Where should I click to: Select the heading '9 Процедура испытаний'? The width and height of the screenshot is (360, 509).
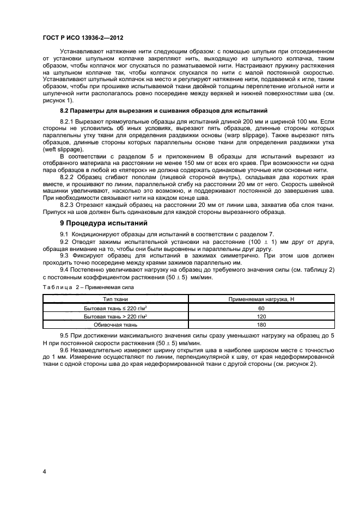97,223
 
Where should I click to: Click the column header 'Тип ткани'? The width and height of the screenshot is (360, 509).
115,299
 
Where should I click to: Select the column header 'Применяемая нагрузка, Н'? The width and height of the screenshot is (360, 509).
261,299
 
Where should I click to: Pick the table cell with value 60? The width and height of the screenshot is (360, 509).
261,308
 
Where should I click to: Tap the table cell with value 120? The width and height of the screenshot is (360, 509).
261,316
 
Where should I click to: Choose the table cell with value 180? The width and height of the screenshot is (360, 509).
261,325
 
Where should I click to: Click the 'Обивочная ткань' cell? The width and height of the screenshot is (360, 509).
115,325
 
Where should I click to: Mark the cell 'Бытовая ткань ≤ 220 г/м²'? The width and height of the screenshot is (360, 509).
115,308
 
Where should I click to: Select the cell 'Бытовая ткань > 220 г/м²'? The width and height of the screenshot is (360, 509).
115,316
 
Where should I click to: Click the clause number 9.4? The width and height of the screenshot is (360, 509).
64,269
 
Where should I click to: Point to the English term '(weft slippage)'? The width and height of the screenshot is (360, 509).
62,148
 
